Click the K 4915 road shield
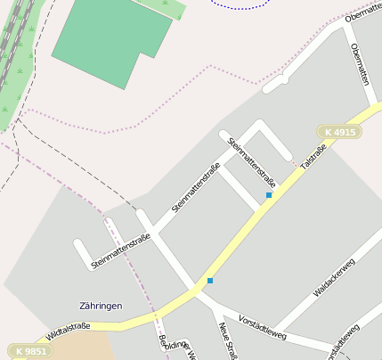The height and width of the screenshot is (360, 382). pos(339,132)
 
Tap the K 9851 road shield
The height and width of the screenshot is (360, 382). pos(28,350)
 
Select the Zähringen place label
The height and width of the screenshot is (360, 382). pos(101,306)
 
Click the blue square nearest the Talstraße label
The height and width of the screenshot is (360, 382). pos(269,194)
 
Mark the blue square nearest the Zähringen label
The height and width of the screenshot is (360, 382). pos(210,281)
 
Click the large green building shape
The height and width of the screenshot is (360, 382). pos(111,40)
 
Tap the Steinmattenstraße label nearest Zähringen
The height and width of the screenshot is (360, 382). pos(121,251)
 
